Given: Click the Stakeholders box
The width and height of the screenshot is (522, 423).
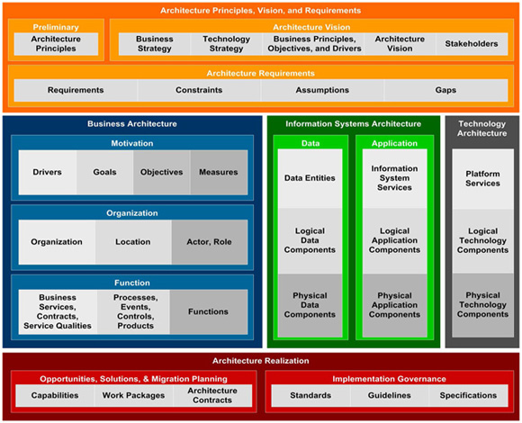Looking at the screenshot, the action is click(472, 43).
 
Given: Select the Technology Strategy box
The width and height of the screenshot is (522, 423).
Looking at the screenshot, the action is click(227, 43).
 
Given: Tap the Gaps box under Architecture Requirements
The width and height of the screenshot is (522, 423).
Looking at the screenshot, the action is click(445, 90).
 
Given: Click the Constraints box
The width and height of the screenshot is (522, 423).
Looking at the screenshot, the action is click(199, 90).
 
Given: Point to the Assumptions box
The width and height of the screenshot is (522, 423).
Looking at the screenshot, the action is click(322, 90).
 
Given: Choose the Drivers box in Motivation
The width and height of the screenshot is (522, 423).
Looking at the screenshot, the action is click(48, 172).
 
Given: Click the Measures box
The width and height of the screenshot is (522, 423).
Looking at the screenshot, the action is click(219, 172).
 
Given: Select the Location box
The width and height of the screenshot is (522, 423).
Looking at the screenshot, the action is click(133, 242).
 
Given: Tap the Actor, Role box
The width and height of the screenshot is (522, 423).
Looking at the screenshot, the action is click(210, 242).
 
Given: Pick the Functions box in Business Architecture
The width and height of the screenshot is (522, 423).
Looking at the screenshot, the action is click(209, 311).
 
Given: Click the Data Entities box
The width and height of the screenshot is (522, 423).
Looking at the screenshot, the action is click(310, 178).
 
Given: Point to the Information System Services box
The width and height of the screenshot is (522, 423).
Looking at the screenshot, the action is click(394, 178).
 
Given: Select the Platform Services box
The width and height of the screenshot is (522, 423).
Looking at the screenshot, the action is click(482, 179).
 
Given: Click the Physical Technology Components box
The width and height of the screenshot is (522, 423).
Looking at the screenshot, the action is click(482, 305).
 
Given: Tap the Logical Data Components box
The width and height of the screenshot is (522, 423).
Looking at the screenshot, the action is click(310, 240).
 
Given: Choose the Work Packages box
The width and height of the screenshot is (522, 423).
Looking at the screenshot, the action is click(133, 395).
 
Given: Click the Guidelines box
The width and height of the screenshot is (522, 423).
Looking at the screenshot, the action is click(389, 395).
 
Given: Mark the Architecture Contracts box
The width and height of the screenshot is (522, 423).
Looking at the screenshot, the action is click(212, 395).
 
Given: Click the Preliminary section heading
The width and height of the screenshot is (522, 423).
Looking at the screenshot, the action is click(56, 27).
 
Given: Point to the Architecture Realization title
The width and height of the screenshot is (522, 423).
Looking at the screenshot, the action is click(261, 361).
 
